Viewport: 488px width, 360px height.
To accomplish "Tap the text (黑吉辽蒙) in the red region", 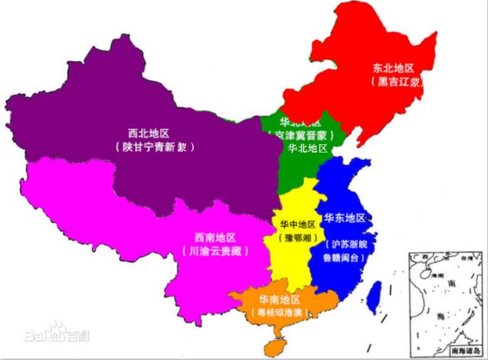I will click(396, 81).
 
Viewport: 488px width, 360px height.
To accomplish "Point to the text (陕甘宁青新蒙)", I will click(153, 147).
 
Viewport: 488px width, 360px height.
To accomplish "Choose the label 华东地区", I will click(345, 218).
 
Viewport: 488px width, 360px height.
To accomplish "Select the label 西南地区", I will click(215, 236).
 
